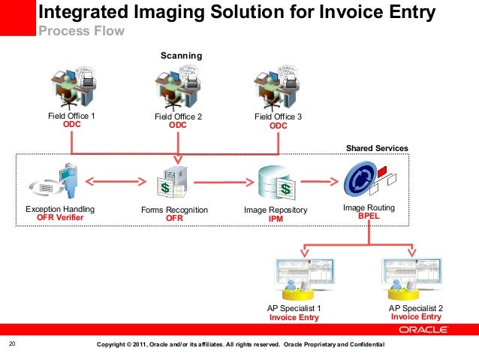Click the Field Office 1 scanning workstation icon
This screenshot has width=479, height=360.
click(x=71, y=87)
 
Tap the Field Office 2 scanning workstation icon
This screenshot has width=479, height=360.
click(x=177, y=87)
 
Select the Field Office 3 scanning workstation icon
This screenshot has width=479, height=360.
click(x=277, y=87)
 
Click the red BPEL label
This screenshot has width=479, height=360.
click(x=369, y=215)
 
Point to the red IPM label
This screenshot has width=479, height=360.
click(x=276, y=219)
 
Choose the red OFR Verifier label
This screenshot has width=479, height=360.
click(x=60, y=219)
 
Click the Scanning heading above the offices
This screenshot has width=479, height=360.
click(x=182, y=56)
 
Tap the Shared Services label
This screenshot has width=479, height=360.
click(x=376, y=148)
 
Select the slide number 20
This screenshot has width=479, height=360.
click(x=12, y=344)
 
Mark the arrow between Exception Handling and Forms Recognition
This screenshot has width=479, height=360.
click(x=116, y=180)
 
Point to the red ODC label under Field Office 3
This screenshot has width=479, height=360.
click(x=278, y=126)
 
